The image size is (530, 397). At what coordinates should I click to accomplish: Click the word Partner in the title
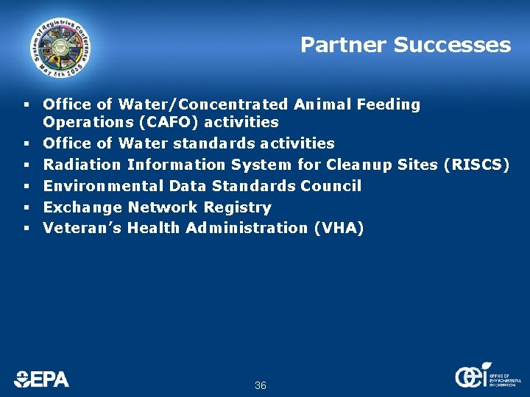coord(343,46)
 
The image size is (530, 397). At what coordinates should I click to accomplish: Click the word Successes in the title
coord(452,46)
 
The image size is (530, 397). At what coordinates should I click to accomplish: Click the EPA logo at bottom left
coord(41,379)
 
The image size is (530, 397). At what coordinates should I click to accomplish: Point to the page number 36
coord(260,385)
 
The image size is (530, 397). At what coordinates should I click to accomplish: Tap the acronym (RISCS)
coord(477,165)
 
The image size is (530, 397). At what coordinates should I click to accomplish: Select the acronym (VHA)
coord(339,228)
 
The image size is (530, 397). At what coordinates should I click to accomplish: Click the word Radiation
coord(82,165)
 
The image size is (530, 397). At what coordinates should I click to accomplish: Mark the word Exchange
coord(82,207)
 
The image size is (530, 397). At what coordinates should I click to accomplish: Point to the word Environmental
coord(103,186)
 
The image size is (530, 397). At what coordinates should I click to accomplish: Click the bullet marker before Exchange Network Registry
coord(25,207)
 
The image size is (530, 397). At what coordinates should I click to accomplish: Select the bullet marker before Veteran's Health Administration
coord(25,229)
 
